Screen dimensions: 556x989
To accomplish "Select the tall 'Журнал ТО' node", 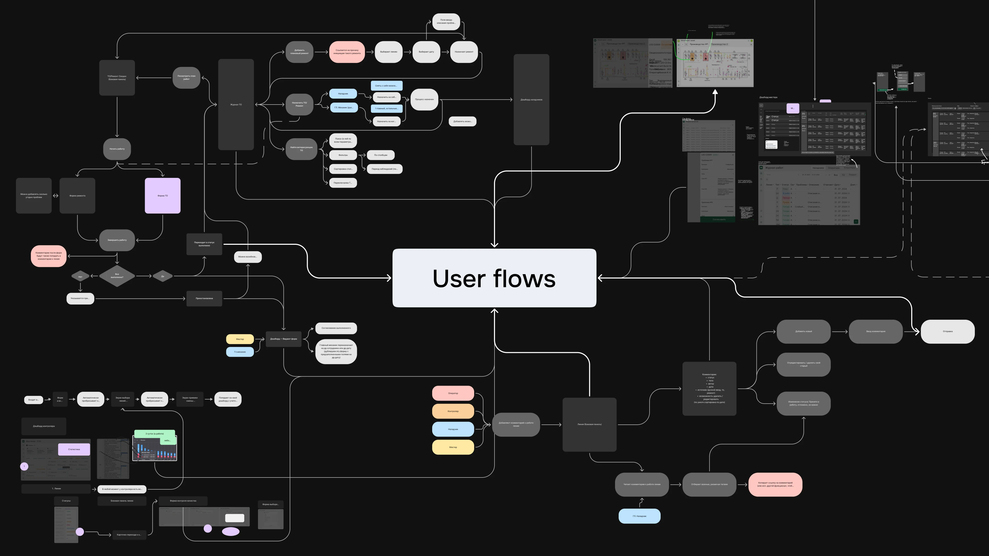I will (236, 104).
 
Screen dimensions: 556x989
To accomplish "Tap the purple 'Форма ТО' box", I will (163, 196).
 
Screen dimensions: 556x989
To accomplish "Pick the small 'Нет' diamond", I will (80, 276).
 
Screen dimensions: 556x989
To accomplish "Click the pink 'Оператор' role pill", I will (453, 393).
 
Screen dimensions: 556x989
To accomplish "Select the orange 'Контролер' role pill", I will (453, 411).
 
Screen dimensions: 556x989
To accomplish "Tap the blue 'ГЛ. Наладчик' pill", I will (639, 516).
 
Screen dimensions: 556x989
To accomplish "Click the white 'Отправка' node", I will (947, 331).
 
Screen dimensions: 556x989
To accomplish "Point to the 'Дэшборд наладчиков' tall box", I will (531, 100).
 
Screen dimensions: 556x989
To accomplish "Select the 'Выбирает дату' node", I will (426, 52).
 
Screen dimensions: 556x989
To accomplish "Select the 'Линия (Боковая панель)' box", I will (589, 424).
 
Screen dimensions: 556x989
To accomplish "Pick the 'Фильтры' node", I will (343, 155).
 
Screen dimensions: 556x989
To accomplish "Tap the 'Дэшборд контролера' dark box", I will (44, 426).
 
